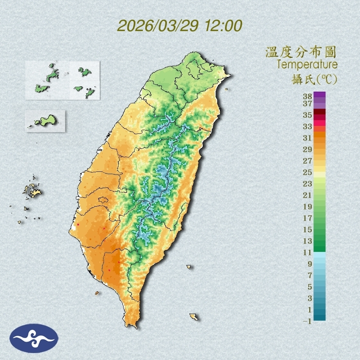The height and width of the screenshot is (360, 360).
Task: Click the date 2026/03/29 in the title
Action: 158,26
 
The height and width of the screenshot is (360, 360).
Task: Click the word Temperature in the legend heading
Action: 307,65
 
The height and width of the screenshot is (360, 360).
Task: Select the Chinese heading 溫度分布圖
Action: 301,52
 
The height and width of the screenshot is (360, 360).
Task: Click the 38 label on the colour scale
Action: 308,96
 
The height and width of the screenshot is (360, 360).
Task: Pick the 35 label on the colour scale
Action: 308,115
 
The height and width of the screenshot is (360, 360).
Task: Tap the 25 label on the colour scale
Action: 308,172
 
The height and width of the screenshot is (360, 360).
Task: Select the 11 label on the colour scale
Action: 308,252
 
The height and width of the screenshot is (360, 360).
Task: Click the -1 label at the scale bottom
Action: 307,321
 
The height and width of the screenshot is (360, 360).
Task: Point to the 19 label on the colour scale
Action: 308,207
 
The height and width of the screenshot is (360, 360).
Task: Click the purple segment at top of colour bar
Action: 319,95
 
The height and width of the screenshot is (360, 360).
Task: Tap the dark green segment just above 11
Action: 319,247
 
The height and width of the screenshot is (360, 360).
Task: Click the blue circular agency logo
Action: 34,338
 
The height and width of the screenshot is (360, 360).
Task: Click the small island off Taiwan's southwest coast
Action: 97,293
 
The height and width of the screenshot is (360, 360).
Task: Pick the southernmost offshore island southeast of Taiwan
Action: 193,317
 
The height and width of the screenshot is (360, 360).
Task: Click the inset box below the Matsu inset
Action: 45,121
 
